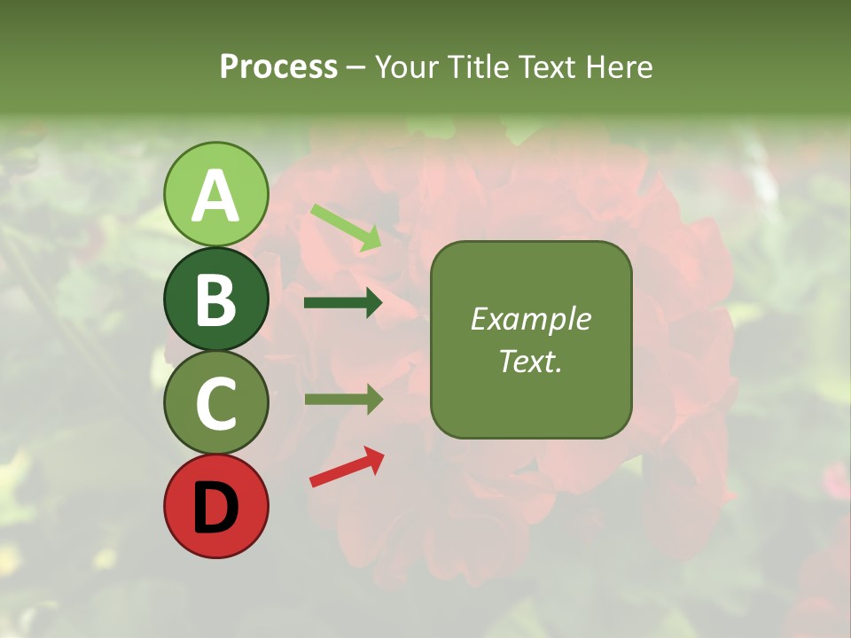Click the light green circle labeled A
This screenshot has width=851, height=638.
(215, 194)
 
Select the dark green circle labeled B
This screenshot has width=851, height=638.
(215, 299)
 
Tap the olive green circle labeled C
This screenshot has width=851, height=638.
(215, 402)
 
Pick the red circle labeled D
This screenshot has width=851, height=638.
(215, 506)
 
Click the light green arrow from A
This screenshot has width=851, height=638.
(346, 227)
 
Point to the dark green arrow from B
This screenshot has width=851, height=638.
(343, 303)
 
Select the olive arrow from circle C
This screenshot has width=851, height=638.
(343, 400)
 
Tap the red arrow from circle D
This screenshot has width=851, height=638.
(347, 468)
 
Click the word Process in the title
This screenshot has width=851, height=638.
(278, 67)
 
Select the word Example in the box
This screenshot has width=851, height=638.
(530, 319)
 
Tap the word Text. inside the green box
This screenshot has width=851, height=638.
(530, 361)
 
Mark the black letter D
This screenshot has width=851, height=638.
(215, 507)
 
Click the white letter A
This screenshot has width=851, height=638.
(215, 196)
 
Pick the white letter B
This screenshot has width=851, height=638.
(215, 300)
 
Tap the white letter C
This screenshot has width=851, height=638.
(215, 403)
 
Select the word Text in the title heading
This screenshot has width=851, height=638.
(546, 67)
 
